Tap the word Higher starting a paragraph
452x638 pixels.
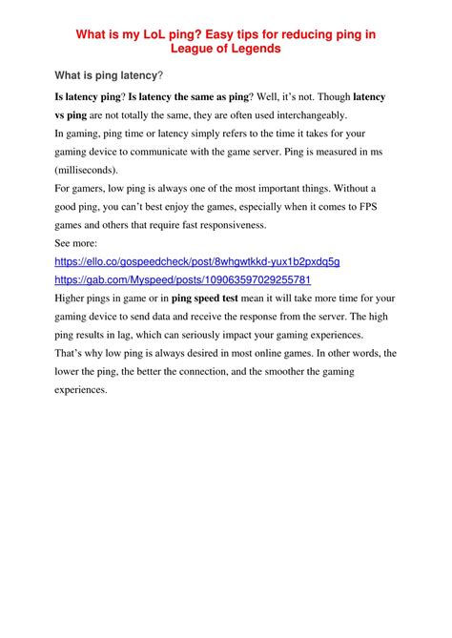74,298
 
